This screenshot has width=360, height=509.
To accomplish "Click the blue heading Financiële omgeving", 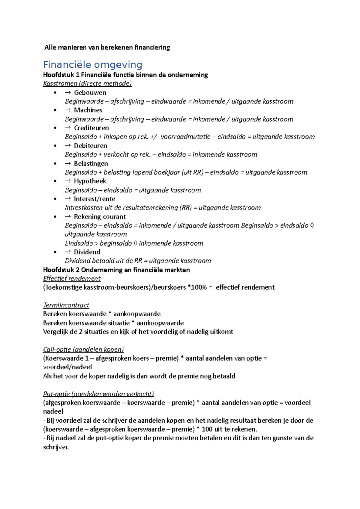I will [x=92, y=65].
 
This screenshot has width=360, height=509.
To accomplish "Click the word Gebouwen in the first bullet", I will [x=90, y=93].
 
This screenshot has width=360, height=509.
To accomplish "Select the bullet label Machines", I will [x=88, y=110].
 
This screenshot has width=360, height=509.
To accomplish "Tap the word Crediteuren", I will [x=91, y=128].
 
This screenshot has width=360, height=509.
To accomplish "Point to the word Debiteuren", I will [x=90, y=146].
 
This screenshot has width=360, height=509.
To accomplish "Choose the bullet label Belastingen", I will [x=91, y=164].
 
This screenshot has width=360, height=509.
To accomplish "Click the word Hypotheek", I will [x=90, y=181].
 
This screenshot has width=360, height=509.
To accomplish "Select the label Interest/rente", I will [x=94, y=199].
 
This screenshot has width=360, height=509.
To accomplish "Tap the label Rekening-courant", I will [x=100, y=217].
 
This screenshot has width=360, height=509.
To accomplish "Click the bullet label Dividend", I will [x=87, y=252].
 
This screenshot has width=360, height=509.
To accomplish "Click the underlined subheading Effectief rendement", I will [x=72, y=279].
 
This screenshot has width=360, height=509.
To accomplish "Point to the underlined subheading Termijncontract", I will [x=66, y=305].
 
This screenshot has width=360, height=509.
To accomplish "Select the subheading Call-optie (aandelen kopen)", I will [x=83, y=350].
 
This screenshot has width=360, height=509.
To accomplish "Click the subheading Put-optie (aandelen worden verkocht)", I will [x=98, y=394].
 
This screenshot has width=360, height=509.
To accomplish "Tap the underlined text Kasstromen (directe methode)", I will [x=87, y=84].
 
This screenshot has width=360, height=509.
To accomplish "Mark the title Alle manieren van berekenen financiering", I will [x=107, y=47].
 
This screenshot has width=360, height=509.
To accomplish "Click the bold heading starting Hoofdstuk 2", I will [x=116, y=270].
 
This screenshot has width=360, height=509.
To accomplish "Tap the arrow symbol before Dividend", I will [x=67, y=252].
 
